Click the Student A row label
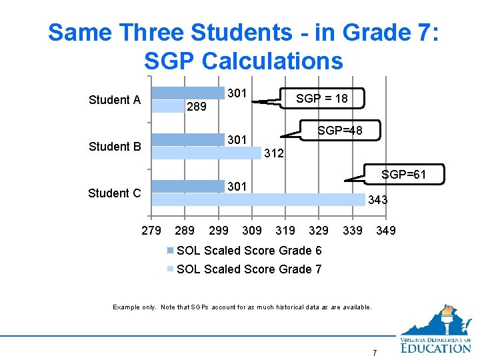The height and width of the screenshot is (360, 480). (x=115, y=100)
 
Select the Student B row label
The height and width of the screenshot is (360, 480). (x=115, y=147)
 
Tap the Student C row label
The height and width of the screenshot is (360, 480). (x=115, y=193)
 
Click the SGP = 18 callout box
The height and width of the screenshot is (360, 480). (x=323, y=99)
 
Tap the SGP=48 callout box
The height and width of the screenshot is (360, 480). (x=340, y=131)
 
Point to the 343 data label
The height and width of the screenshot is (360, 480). (x=377, y=200)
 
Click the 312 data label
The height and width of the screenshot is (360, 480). (x=274, y=154)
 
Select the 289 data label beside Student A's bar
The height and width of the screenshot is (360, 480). (x=197, y=106)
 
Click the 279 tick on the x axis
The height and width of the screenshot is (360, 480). (x=151, y=231)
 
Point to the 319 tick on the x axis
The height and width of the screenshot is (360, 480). (x=285, y=231)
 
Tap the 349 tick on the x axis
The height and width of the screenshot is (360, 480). (x=385, y=231)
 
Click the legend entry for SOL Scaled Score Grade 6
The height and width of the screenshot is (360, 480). (x=248, y=251)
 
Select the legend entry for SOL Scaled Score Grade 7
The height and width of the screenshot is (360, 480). (x=248, y=269)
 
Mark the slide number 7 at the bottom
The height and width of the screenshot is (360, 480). (x=375, y=353)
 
